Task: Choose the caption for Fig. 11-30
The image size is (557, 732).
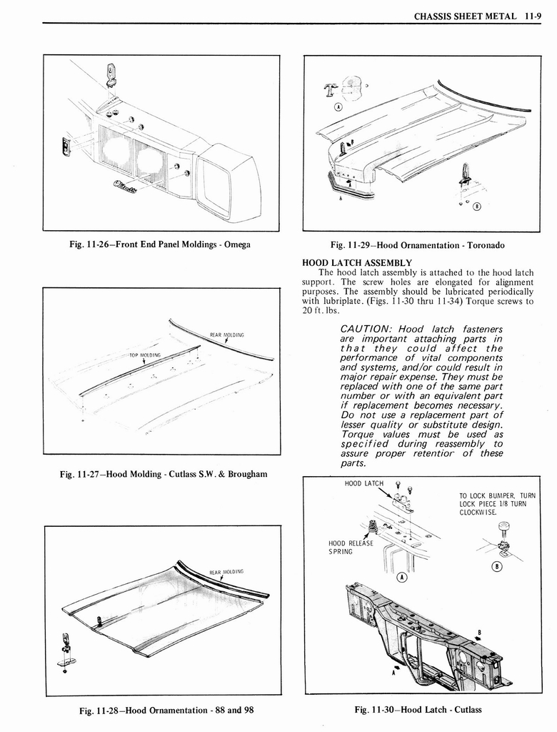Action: click(x=418, y=710)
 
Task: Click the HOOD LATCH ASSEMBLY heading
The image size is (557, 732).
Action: click(x=357, y=262)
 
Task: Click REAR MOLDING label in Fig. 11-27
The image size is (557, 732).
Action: click(x=227, y=335)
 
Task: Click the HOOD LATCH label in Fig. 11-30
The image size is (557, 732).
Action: click(x=364, y=484)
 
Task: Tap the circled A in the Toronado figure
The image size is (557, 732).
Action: click(x=338, y=107)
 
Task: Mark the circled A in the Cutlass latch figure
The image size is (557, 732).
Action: click(x=402, y=578)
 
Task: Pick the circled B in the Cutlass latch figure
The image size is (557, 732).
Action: click(x=498, y=567)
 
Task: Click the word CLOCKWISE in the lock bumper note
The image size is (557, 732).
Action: click(x=477, y=513)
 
